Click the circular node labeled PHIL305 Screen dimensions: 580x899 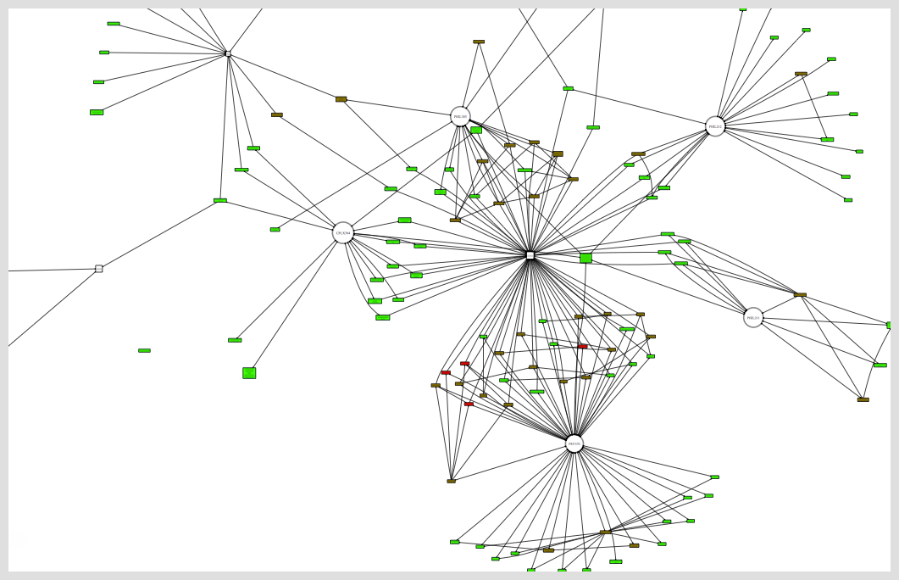pyautogui.click(x=460, y=117)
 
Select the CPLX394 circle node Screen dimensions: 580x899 pyautogui.click(x=343, y=233)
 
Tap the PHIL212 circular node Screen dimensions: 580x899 pyautogui.click(x=715, y=126)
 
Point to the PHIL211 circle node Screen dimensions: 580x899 pyautogui.click(x=753, y=318)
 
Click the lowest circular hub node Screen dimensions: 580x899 pyautogui.click(x=574, y=443)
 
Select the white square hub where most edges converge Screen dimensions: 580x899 pyautogui.click(x=530, y=255)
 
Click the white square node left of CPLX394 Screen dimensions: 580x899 pyautogui.click(x=99, y=269)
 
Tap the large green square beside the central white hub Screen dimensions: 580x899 pyautogui.click(x=585, y=258)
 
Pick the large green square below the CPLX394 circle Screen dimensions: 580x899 pyautogui.click(x=249, y=373)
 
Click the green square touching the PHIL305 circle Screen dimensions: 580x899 pyautogui.click(x=476, y=130)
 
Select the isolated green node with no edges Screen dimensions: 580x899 pyautogui.click(x=144, y=350)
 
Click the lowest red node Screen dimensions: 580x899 pyautogui.click(x=469, y=404)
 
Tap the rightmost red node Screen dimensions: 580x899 pyautogui.click(x=582, y=346)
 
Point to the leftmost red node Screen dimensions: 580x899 pyautogui.click(x=446, y=372)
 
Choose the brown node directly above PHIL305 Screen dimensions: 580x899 pyautogui.click(x=479, y=42)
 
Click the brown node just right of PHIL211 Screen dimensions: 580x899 pyautogui.click(x=800, y=295)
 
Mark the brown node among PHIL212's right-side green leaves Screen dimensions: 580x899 pyautogui.click(x=801, y=74)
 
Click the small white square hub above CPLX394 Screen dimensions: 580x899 pyautogui.click(x=228, y=53)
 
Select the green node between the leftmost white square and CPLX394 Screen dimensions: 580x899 pyautogui.click(x=220, y=201)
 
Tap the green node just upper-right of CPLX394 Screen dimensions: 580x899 pyautogui.click(x=404, y=220)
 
